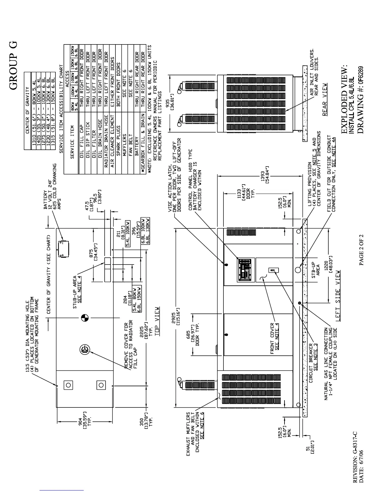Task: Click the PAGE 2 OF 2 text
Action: click(361, 249)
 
